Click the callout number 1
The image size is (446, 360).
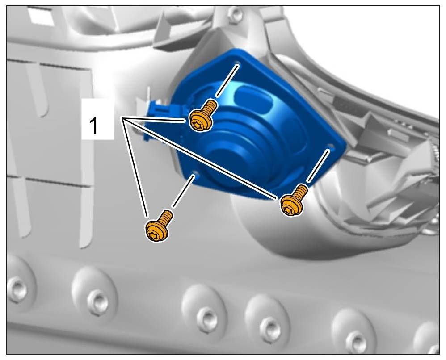click(x=93, y=126)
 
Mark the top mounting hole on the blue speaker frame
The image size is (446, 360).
click(x=238, y=63)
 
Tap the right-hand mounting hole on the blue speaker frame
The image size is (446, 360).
click(x=330, y=146)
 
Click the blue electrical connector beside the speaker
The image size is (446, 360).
click(x=158, y=116)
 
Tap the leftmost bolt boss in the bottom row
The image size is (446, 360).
click(x=17, y=289)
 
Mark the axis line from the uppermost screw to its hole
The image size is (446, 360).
click(x=227, y=81)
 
